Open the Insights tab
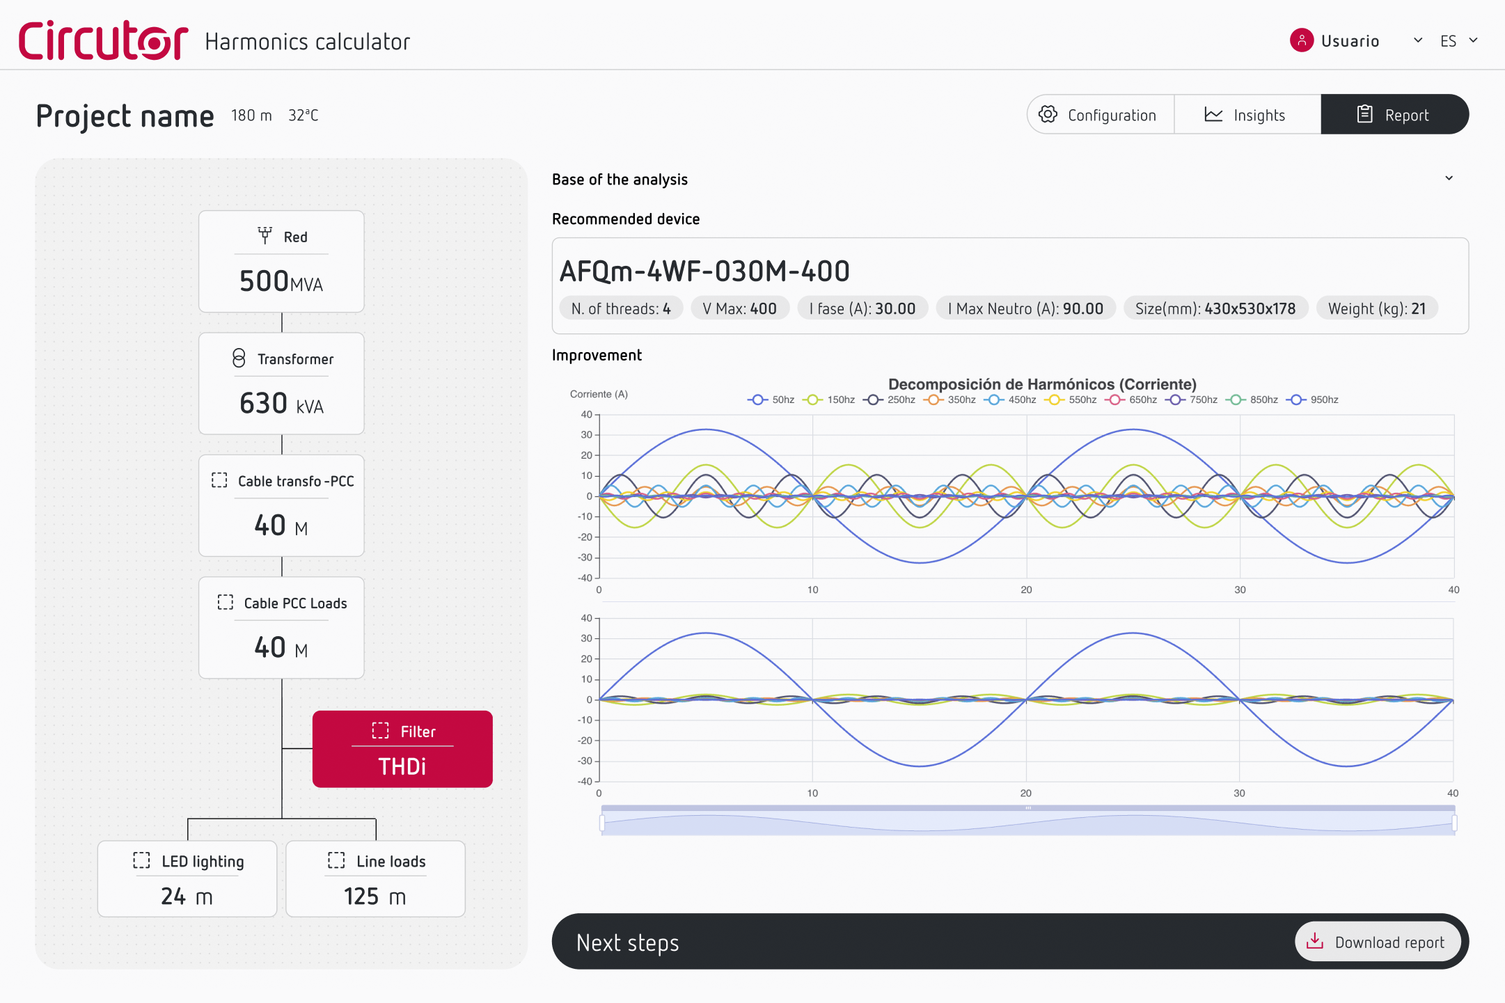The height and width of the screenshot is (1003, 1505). (1246, 115)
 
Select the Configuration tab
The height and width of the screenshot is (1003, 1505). (1099, 115)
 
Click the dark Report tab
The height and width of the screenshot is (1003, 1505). (1394, 115)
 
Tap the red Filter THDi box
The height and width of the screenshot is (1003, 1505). (402, 749)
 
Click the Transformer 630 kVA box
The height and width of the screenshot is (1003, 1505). (281, 384)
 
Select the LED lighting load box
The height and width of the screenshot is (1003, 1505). (187, 878)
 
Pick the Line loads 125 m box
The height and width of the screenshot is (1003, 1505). (375, 878)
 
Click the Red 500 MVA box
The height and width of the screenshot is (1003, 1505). (281, 262)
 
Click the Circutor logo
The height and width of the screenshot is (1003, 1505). (103, 40)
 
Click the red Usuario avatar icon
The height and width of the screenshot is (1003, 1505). (1301, 40)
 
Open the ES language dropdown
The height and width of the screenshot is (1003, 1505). (1458, 41)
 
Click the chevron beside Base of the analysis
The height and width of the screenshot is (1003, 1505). (1449, 178)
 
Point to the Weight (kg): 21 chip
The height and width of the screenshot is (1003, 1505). (1376, 308)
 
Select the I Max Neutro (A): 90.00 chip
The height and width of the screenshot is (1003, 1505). (1025, 308)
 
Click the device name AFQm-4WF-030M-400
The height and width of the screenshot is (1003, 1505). (704, 271)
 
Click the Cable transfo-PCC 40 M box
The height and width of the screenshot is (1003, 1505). (281, 505)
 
